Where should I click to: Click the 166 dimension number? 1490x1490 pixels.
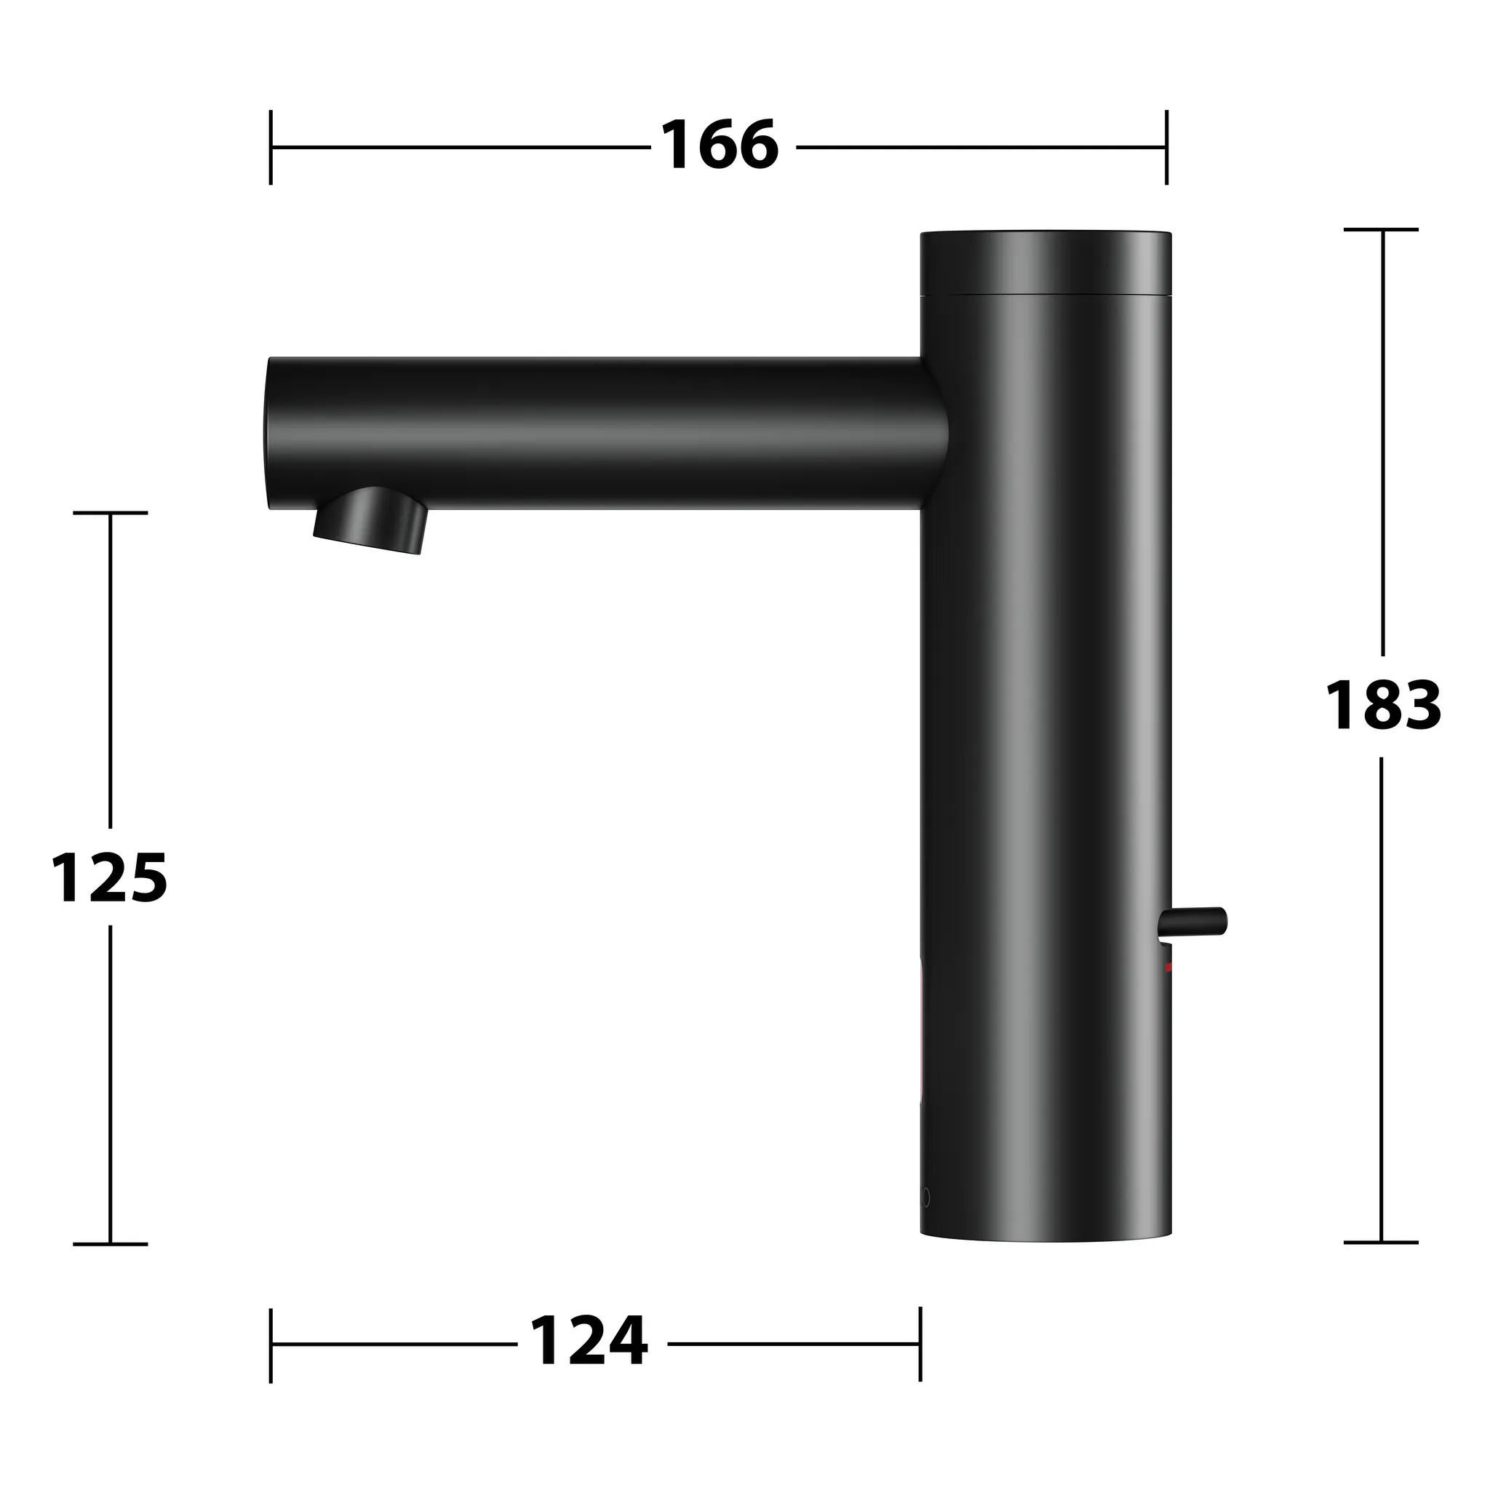coord(720,146)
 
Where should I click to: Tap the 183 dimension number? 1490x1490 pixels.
coord(1383,705)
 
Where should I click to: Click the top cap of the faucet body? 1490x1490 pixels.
coord(1046,263)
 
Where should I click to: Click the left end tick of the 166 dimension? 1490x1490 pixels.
coord(271,147)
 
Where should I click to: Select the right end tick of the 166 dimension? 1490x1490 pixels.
coord(1166,147)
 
